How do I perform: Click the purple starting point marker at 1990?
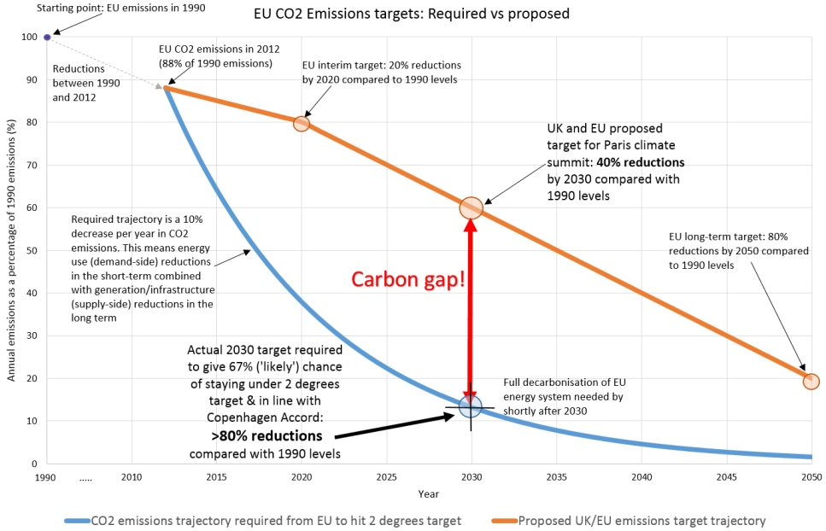tap(47, 37)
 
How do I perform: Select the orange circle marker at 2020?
tap(301, 123)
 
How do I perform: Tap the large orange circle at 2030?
tap(471, 207)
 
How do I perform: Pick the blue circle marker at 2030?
tap(471, 406)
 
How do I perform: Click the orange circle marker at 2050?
tap(811, 381)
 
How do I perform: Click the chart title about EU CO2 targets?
tap(411, 14)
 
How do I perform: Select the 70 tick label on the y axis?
tap(32, 165)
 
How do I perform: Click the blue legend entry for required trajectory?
tap(264, 520)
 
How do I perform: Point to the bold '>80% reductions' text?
tap(267, 436)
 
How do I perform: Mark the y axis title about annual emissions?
tap(12, 252)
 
